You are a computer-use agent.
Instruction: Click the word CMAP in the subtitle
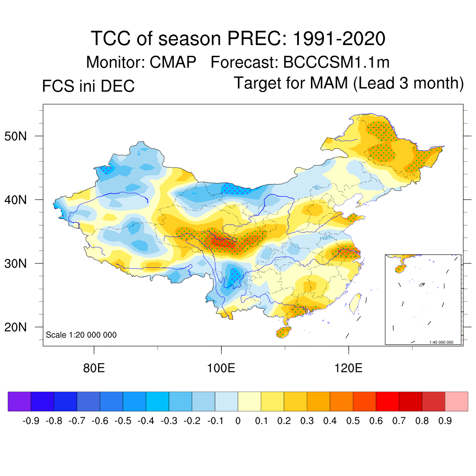tap(173, 62)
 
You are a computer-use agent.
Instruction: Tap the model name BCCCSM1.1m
tap(336, 62)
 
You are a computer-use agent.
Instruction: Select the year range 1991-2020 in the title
tap(339, 38)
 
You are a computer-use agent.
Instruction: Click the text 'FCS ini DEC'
tap(88, 86)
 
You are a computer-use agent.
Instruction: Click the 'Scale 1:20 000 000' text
tap(81, 335)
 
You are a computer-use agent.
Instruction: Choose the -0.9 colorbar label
tap(31, 421)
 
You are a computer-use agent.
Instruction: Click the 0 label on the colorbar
tap(238, 421)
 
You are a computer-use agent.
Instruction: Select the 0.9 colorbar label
tap(445, 421)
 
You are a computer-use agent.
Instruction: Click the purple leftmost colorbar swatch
tap(20, 401)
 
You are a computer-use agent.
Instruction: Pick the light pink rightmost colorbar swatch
tap(456, 401)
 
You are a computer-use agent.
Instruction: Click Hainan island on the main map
tap(283, 332)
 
